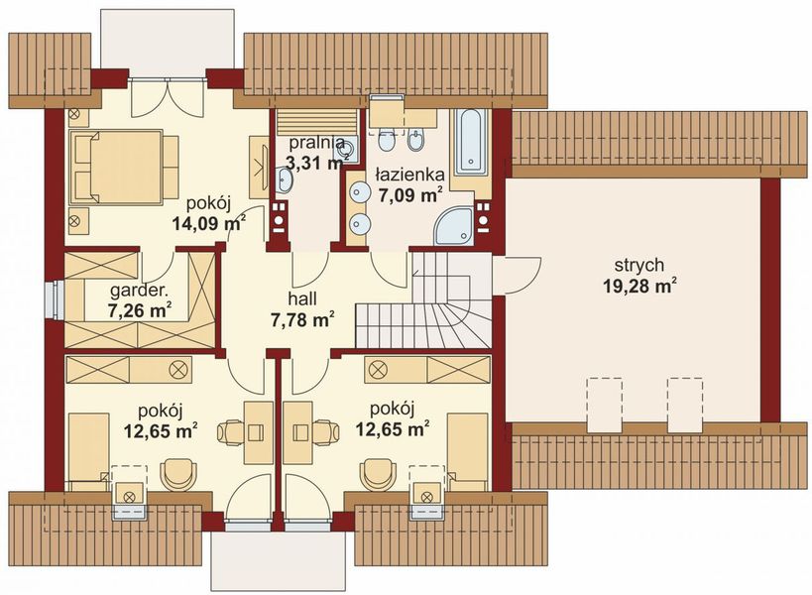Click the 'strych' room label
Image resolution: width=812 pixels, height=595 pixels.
coord(639,265)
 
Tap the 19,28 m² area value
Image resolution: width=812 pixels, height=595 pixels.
coord(640,286)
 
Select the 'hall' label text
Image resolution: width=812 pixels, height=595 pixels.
coord(302,298)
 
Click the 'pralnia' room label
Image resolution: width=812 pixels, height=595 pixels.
coord(316,143)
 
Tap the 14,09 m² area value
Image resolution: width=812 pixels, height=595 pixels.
coord(208,223)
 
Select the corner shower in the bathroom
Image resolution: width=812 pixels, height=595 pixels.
coord(454,226)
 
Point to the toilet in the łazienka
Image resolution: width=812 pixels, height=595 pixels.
coord(387,139)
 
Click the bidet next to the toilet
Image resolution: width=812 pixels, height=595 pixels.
coord(415,139)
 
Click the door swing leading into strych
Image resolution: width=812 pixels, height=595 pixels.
coord(518,276)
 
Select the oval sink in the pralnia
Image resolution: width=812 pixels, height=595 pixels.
coord(285,179)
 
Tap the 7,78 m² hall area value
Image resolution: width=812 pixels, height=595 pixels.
coord(302,319)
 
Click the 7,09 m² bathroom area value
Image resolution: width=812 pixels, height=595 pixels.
coord(410,195)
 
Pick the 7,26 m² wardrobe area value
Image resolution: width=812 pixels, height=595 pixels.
coord(140,310)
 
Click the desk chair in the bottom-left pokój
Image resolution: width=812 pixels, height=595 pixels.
coord(231,432)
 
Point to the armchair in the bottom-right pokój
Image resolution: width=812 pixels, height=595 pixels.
coord(379,474)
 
